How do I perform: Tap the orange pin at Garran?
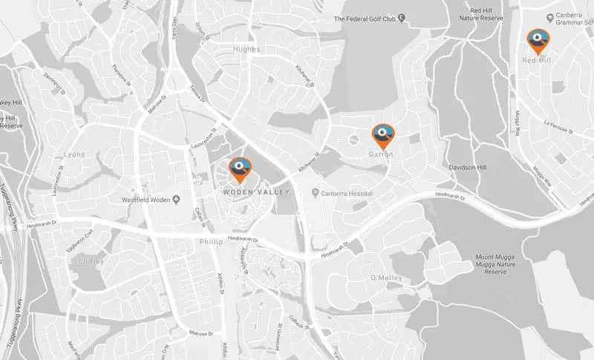(383, 135)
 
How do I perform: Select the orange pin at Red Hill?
(538, 40)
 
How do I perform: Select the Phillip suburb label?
(211, 242)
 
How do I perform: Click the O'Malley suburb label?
(385, 277)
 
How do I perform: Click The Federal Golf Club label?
(365, 18)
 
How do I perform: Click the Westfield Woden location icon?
(177, 200)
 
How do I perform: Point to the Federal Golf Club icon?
(402, 17)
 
